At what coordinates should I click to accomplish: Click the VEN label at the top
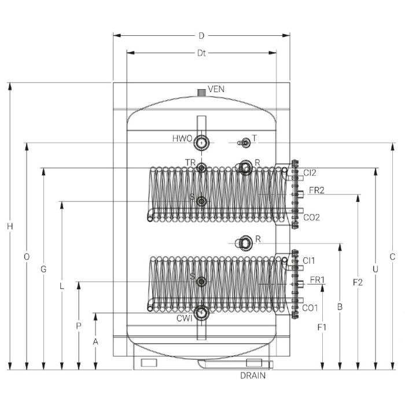(x=216, y=89)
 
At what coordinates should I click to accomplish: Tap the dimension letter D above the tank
(x=201, y=35)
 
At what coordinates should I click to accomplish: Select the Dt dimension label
(x=201, y=53)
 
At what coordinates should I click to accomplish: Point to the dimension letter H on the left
(x=10, y=226)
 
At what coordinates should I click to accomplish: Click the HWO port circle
(x=202, y=141)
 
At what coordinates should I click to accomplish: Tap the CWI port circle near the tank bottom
(x=202, y=313)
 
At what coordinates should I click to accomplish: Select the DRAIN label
(x=253, y=375)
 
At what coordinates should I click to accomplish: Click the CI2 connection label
(x=310, y=172)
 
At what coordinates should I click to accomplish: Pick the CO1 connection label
(x=311, y=308)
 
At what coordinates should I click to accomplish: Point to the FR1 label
(x=318, y=280)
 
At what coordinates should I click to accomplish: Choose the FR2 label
(x=316, y=190)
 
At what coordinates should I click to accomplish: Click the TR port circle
(x=201, y=168)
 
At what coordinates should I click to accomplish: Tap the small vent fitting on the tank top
(x=201, y=93)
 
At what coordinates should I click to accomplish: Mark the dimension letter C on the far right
(x=392, y=256)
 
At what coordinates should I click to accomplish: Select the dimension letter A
(x=96, y=341)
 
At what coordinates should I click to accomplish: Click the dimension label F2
(x=358, y=282)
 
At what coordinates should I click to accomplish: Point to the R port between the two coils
(x=245, y=241)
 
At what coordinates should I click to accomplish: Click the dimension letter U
(x=375, y=270)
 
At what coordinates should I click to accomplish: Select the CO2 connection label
(x=311, y=218)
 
